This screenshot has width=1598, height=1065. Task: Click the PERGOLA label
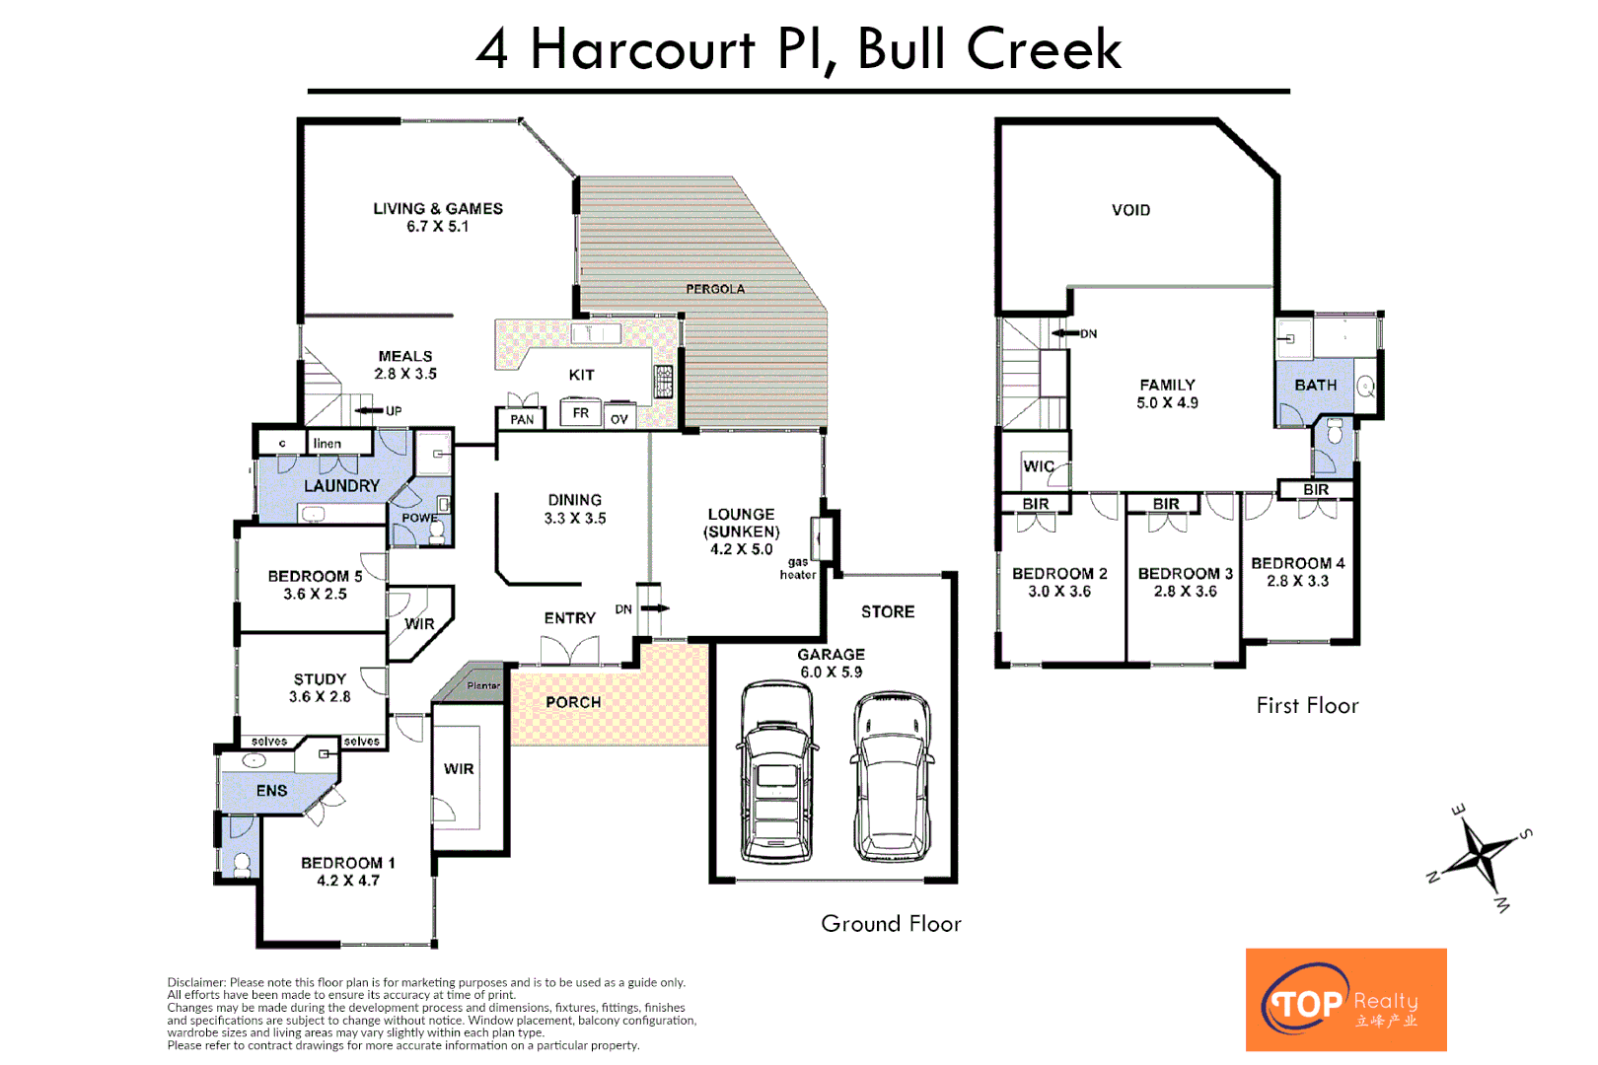click(715, 289)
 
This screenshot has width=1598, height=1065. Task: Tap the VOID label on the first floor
click(1130, 210)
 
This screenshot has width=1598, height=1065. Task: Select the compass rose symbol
click(1480, 855)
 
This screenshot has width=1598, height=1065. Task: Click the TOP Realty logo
click(1345, 999)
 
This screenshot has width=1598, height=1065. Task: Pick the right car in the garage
click(892, 776)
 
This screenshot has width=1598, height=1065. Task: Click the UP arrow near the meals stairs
click(369, 411)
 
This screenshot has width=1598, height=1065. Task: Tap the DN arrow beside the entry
click(655, 608)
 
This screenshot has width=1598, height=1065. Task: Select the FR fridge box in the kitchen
click(581, 412)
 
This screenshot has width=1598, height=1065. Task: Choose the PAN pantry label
click(522, 419)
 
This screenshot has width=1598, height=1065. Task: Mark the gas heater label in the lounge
click(798, 569)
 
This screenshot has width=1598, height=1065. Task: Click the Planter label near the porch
click(483, 685)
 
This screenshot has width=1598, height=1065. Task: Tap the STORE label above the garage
click(888, 611)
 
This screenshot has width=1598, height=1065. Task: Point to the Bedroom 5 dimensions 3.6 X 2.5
click(315, 595)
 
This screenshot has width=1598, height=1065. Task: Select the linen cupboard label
click(327, 443)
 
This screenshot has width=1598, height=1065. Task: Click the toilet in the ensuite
click(242, 865)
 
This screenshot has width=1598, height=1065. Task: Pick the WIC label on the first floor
click(1038, 466)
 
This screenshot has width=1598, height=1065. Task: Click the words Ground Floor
click(891, 924)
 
